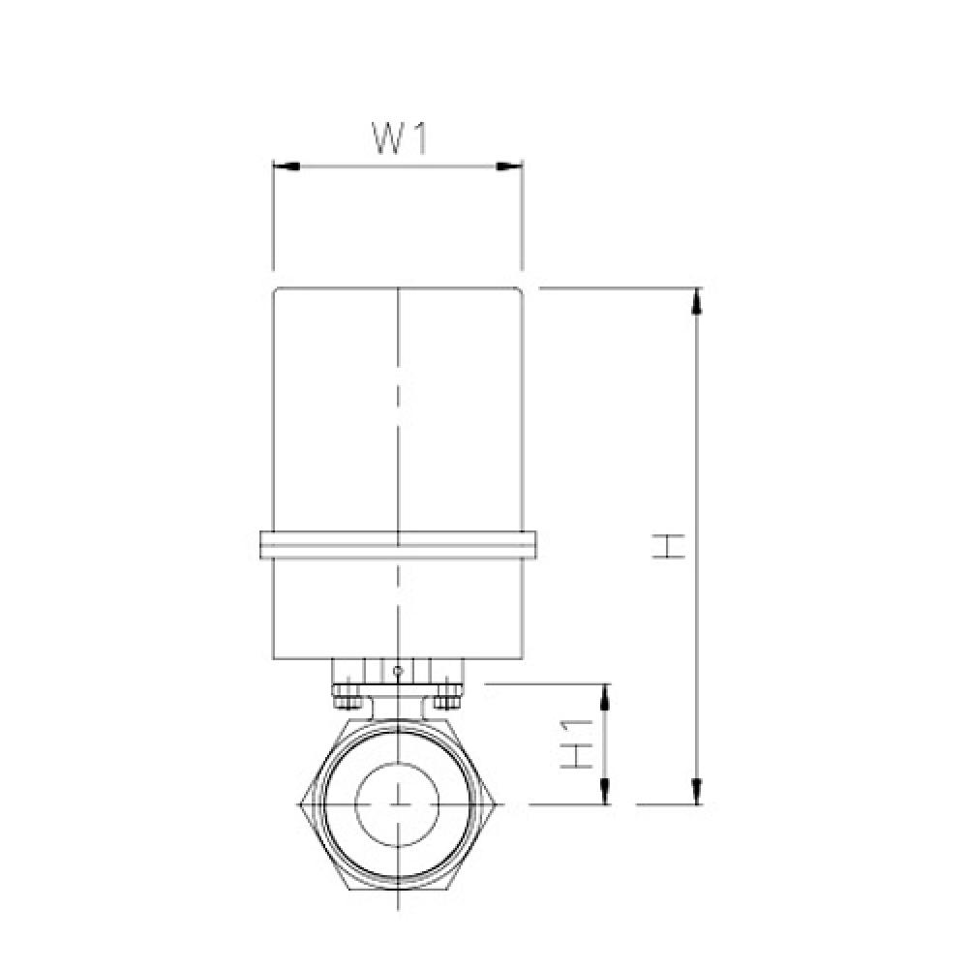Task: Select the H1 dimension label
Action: pyautogui.click(x=577, y=744)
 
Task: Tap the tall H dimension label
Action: pyautogui.click(x=668, y=546)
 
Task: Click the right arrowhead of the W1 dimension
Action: pyautogui.click(x=510, y=166)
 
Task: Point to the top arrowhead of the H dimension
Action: pyautogui.click(x=696, y=301)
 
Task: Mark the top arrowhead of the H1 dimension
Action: pyautogui.click(x=606, y=695)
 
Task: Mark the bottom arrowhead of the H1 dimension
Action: pyautogui.click(x=606, y=792)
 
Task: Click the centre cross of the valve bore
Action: pyautogui.click(x=399, y=803)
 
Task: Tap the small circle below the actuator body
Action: pyautogui.click(x=399, y=669)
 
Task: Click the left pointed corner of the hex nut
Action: pyautogui.click(x=302, y=803)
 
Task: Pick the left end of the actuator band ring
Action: pyautogui.click(x=263, y=544)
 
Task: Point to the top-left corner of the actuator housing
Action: pyautogui.click(x=276, y=290)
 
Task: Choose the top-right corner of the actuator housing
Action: pyautogui.click(x=522, y=290)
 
